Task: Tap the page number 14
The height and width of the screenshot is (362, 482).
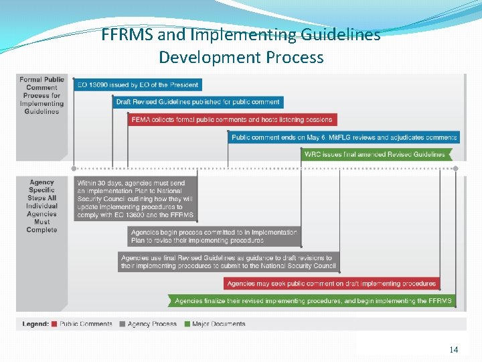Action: pyautogui.click(x=454, y=349)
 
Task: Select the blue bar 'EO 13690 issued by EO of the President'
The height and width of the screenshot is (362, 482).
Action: pyautogui.click(x=137, y=85)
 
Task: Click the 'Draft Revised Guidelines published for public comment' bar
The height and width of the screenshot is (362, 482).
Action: pyautogui.click(x=197, y=103)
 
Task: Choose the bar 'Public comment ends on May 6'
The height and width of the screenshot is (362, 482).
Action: pyautogui.click(x=344, y=137)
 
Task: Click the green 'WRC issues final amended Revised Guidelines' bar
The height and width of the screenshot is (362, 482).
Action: pyautogui.click(x=376, y=154)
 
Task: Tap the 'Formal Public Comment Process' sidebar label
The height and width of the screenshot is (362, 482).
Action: pyautogui.click(x=42, y=95)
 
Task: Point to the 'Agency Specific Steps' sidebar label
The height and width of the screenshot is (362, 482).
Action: pyautogui.click(x=42, y=206)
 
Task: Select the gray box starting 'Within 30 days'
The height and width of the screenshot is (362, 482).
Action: pyautogui.click(x=136, y=199)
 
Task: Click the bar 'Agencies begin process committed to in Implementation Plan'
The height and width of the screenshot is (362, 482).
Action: pyautogui.click(x=214, y=236)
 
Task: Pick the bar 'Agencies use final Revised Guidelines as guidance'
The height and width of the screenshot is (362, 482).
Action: pyautogui.click(x=228, y=261)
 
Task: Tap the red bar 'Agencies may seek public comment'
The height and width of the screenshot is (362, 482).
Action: pyautogui.click(x=331, y=284)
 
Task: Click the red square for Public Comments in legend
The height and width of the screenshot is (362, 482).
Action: pyautogui.click(x=55, y=324)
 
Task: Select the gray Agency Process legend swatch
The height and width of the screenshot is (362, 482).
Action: pyautogui.click(x=123, y=324)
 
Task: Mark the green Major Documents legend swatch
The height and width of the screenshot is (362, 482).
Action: pyautogui.click(x=187, y=324)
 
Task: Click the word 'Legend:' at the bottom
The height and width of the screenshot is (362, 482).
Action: pyautogui.click(x=35, y=324)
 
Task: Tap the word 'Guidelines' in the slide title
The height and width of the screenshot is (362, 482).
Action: pyautogui.click(x=341, y=35)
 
